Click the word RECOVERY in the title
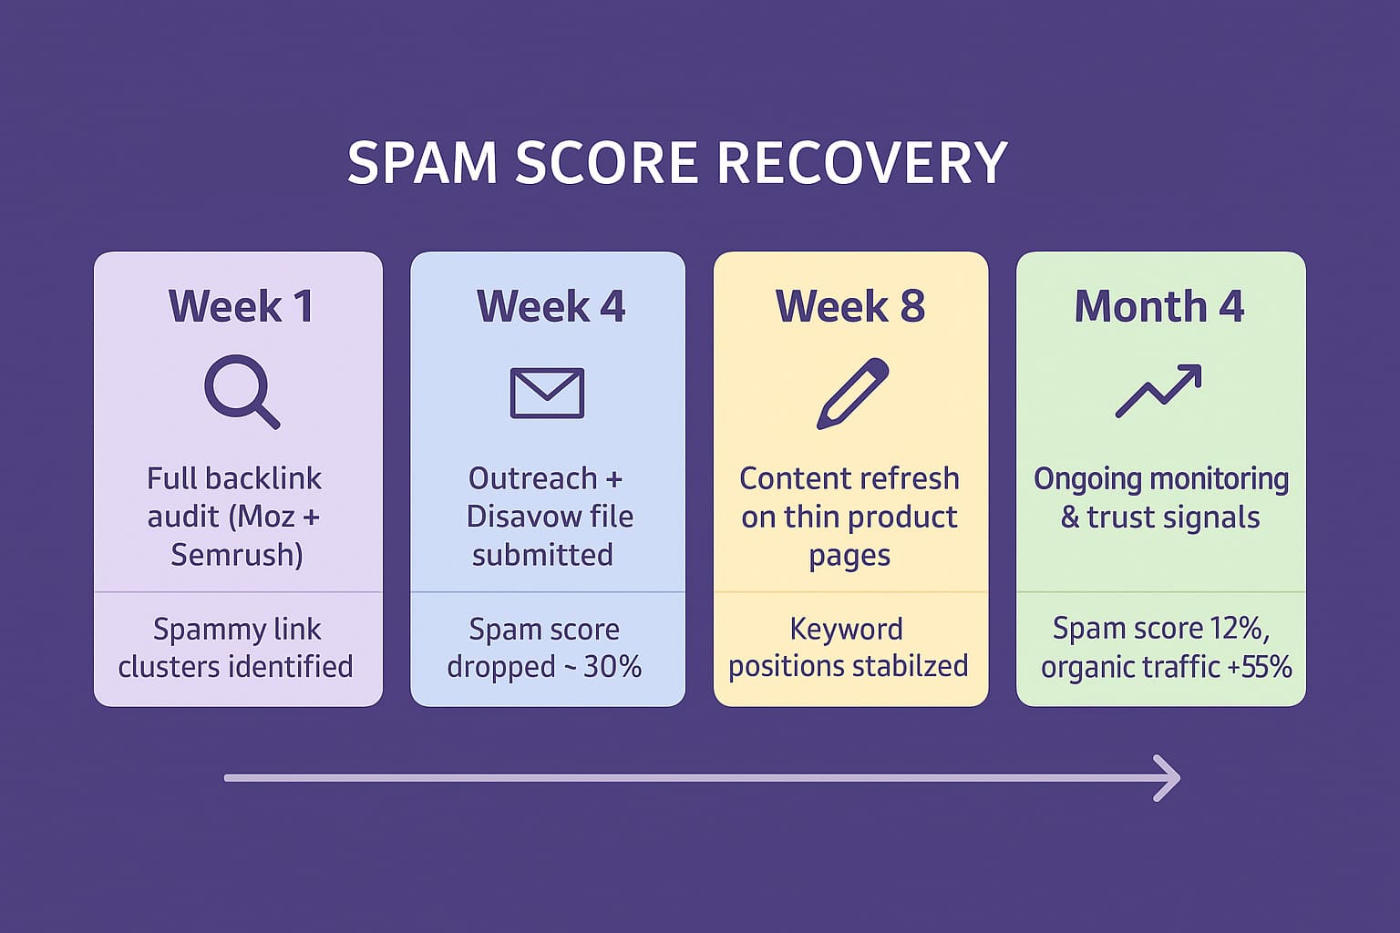point(861,164)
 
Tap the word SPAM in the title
point(421,164)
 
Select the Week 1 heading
point(241,306)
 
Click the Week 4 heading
point(551,306)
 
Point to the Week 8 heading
point(849,306)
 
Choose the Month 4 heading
point(1158,306)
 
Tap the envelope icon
point(547,393)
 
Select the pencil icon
point(851,393)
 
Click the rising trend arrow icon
point(1158,391)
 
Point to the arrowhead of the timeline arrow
point(1169,778)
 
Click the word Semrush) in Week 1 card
point(237,555)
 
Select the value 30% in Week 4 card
point(612,667)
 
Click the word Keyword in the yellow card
point(846,629)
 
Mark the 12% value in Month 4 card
point(1235,628)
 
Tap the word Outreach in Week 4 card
point(532,478)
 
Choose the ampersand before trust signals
point(1069,518)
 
